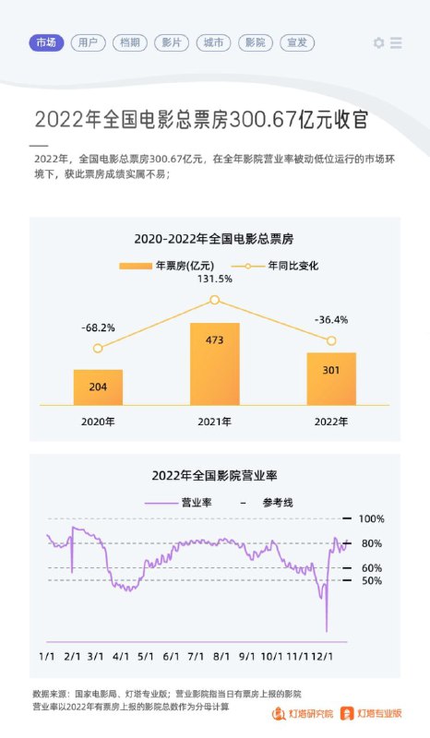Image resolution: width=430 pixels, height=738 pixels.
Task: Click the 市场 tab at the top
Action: [45, 42]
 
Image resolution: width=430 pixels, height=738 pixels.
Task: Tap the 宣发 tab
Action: [297, 42]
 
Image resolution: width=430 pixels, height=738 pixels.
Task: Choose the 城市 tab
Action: [214, 42]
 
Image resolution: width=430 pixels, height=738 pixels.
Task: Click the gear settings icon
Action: [378, 43]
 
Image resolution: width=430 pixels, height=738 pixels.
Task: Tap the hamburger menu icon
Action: [396, 43]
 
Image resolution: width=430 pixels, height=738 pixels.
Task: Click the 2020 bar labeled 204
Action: [98, 387]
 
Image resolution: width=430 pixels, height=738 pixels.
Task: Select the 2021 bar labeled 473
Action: [214, 363]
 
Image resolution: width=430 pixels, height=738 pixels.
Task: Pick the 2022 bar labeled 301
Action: [331, 378]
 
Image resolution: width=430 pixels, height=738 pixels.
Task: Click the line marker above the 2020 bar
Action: [98, 348]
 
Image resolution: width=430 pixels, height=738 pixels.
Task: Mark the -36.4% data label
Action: [331, 320]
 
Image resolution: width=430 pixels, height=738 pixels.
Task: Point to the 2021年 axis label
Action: [214, 422]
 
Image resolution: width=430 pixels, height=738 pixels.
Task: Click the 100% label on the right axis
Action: [371, 518]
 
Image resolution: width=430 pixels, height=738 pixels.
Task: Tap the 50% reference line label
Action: [371, 580]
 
